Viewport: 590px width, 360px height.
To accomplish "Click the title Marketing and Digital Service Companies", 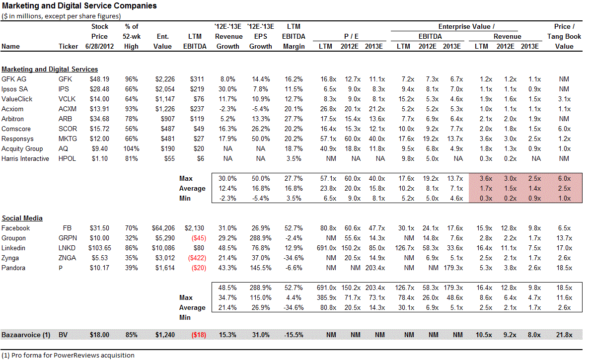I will (79, 6).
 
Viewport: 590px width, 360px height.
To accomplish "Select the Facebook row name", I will (16, 228).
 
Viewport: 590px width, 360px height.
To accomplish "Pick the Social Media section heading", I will (22, 218).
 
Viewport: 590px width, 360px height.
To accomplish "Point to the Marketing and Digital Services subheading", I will (50, 69).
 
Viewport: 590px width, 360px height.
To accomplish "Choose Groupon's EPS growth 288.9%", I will (261, 238).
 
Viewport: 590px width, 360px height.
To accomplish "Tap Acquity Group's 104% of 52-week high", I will (130, 148).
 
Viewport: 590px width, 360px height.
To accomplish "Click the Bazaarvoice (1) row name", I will (26, 335).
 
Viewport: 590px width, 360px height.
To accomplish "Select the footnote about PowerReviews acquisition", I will (68, 355).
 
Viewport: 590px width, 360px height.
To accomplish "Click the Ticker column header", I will (68, 46).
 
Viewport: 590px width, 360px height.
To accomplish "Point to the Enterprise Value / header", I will (466, 26).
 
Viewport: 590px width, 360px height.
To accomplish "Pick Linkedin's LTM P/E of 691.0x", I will (325, 248).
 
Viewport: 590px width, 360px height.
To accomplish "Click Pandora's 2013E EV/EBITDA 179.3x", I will (451, 268).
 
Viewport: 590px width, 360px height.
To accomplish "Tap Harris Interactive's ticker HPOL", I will (68, 158).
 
